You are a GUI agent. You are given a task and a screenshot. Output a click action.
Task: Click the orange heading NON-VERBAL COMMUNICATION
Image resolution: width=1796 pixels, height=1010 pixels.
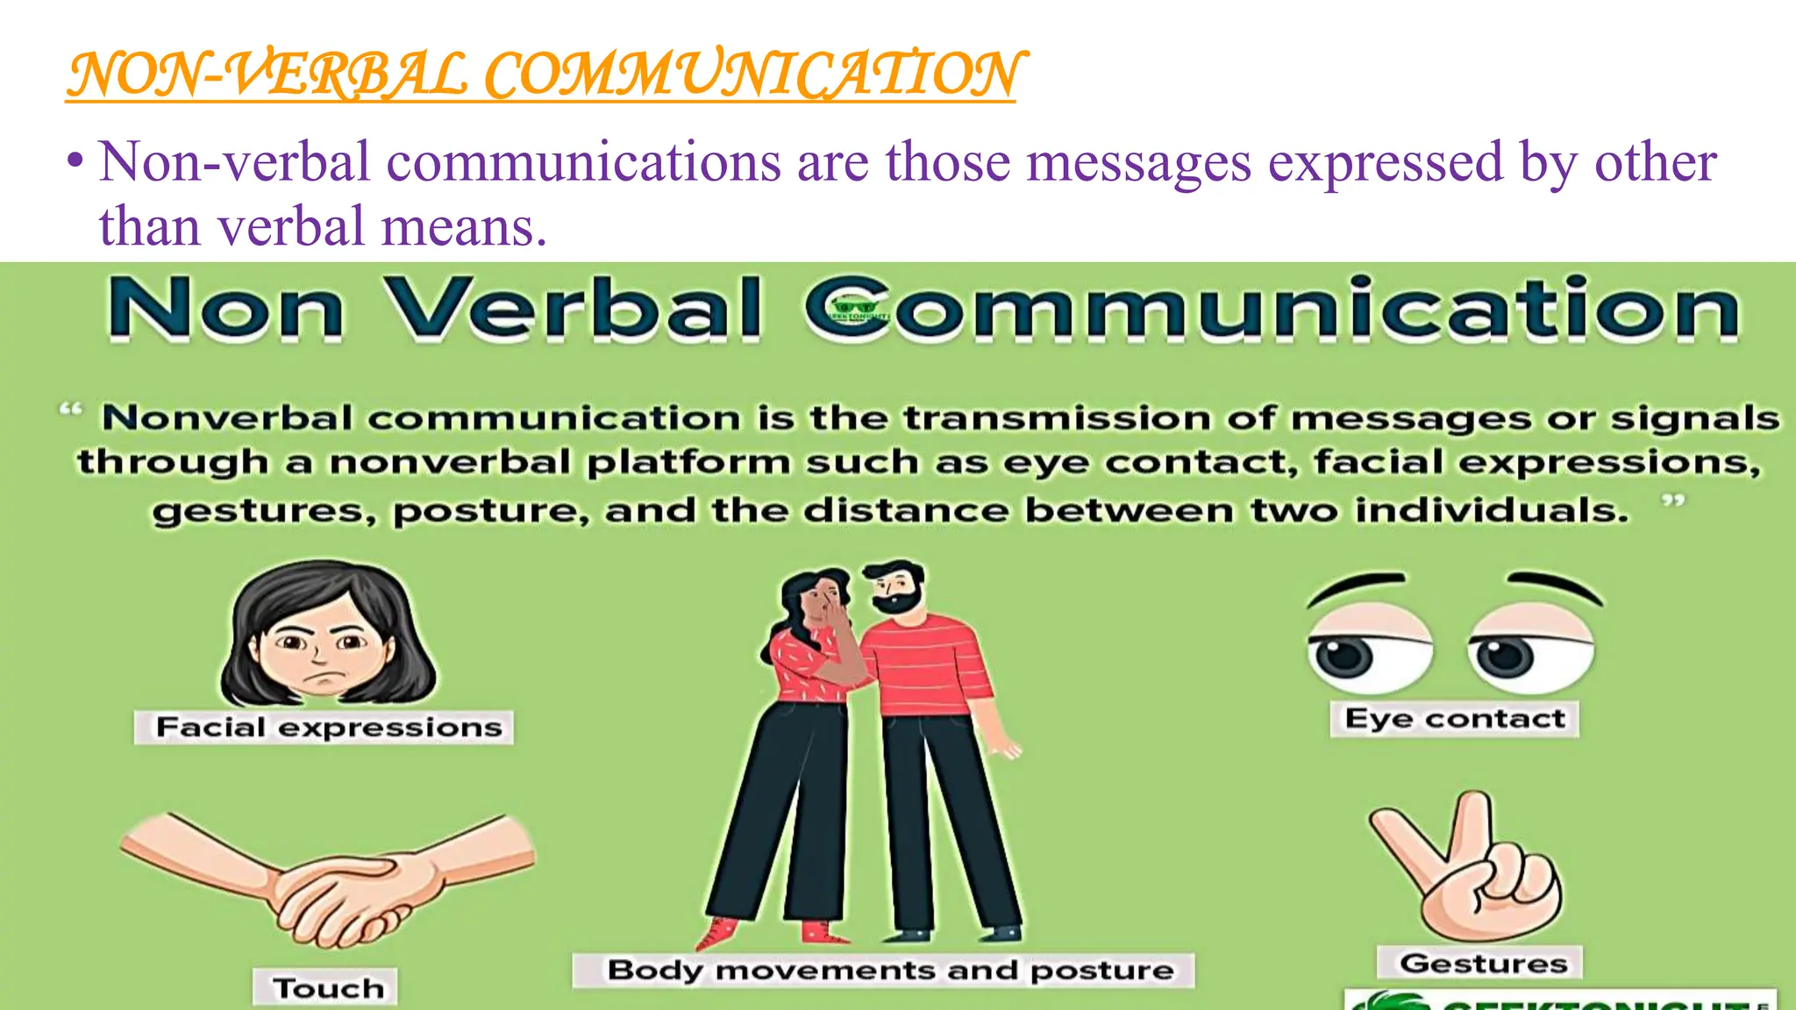(x=541, y=75)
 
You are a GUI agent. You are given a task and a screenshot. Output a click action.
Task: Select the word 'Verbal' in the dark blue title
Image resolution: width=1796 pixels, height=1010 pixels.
(x=574, y=309)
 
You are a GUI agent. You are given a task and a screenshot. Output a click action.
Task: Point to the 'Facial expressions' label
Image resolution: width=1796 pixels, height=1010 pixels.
(x=328, y=728)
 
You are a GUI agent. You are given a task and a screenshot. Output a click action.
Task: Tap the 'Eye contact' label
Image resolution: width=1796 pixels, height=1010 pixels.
(x=1455, y=719)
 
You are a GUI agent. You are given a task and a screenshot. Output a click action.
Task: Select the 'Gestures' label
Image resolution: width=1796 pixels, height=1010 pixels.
(x=1483, y=964)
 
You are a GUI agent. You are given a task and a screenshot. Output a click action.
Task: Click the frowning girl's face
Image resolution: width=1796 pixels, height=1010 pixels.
(x=326, y=653)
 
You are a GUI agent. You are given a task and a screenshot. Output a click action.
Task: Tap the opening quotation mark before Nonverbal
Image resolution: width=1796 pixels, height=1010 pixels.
(x=70, y=409)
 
